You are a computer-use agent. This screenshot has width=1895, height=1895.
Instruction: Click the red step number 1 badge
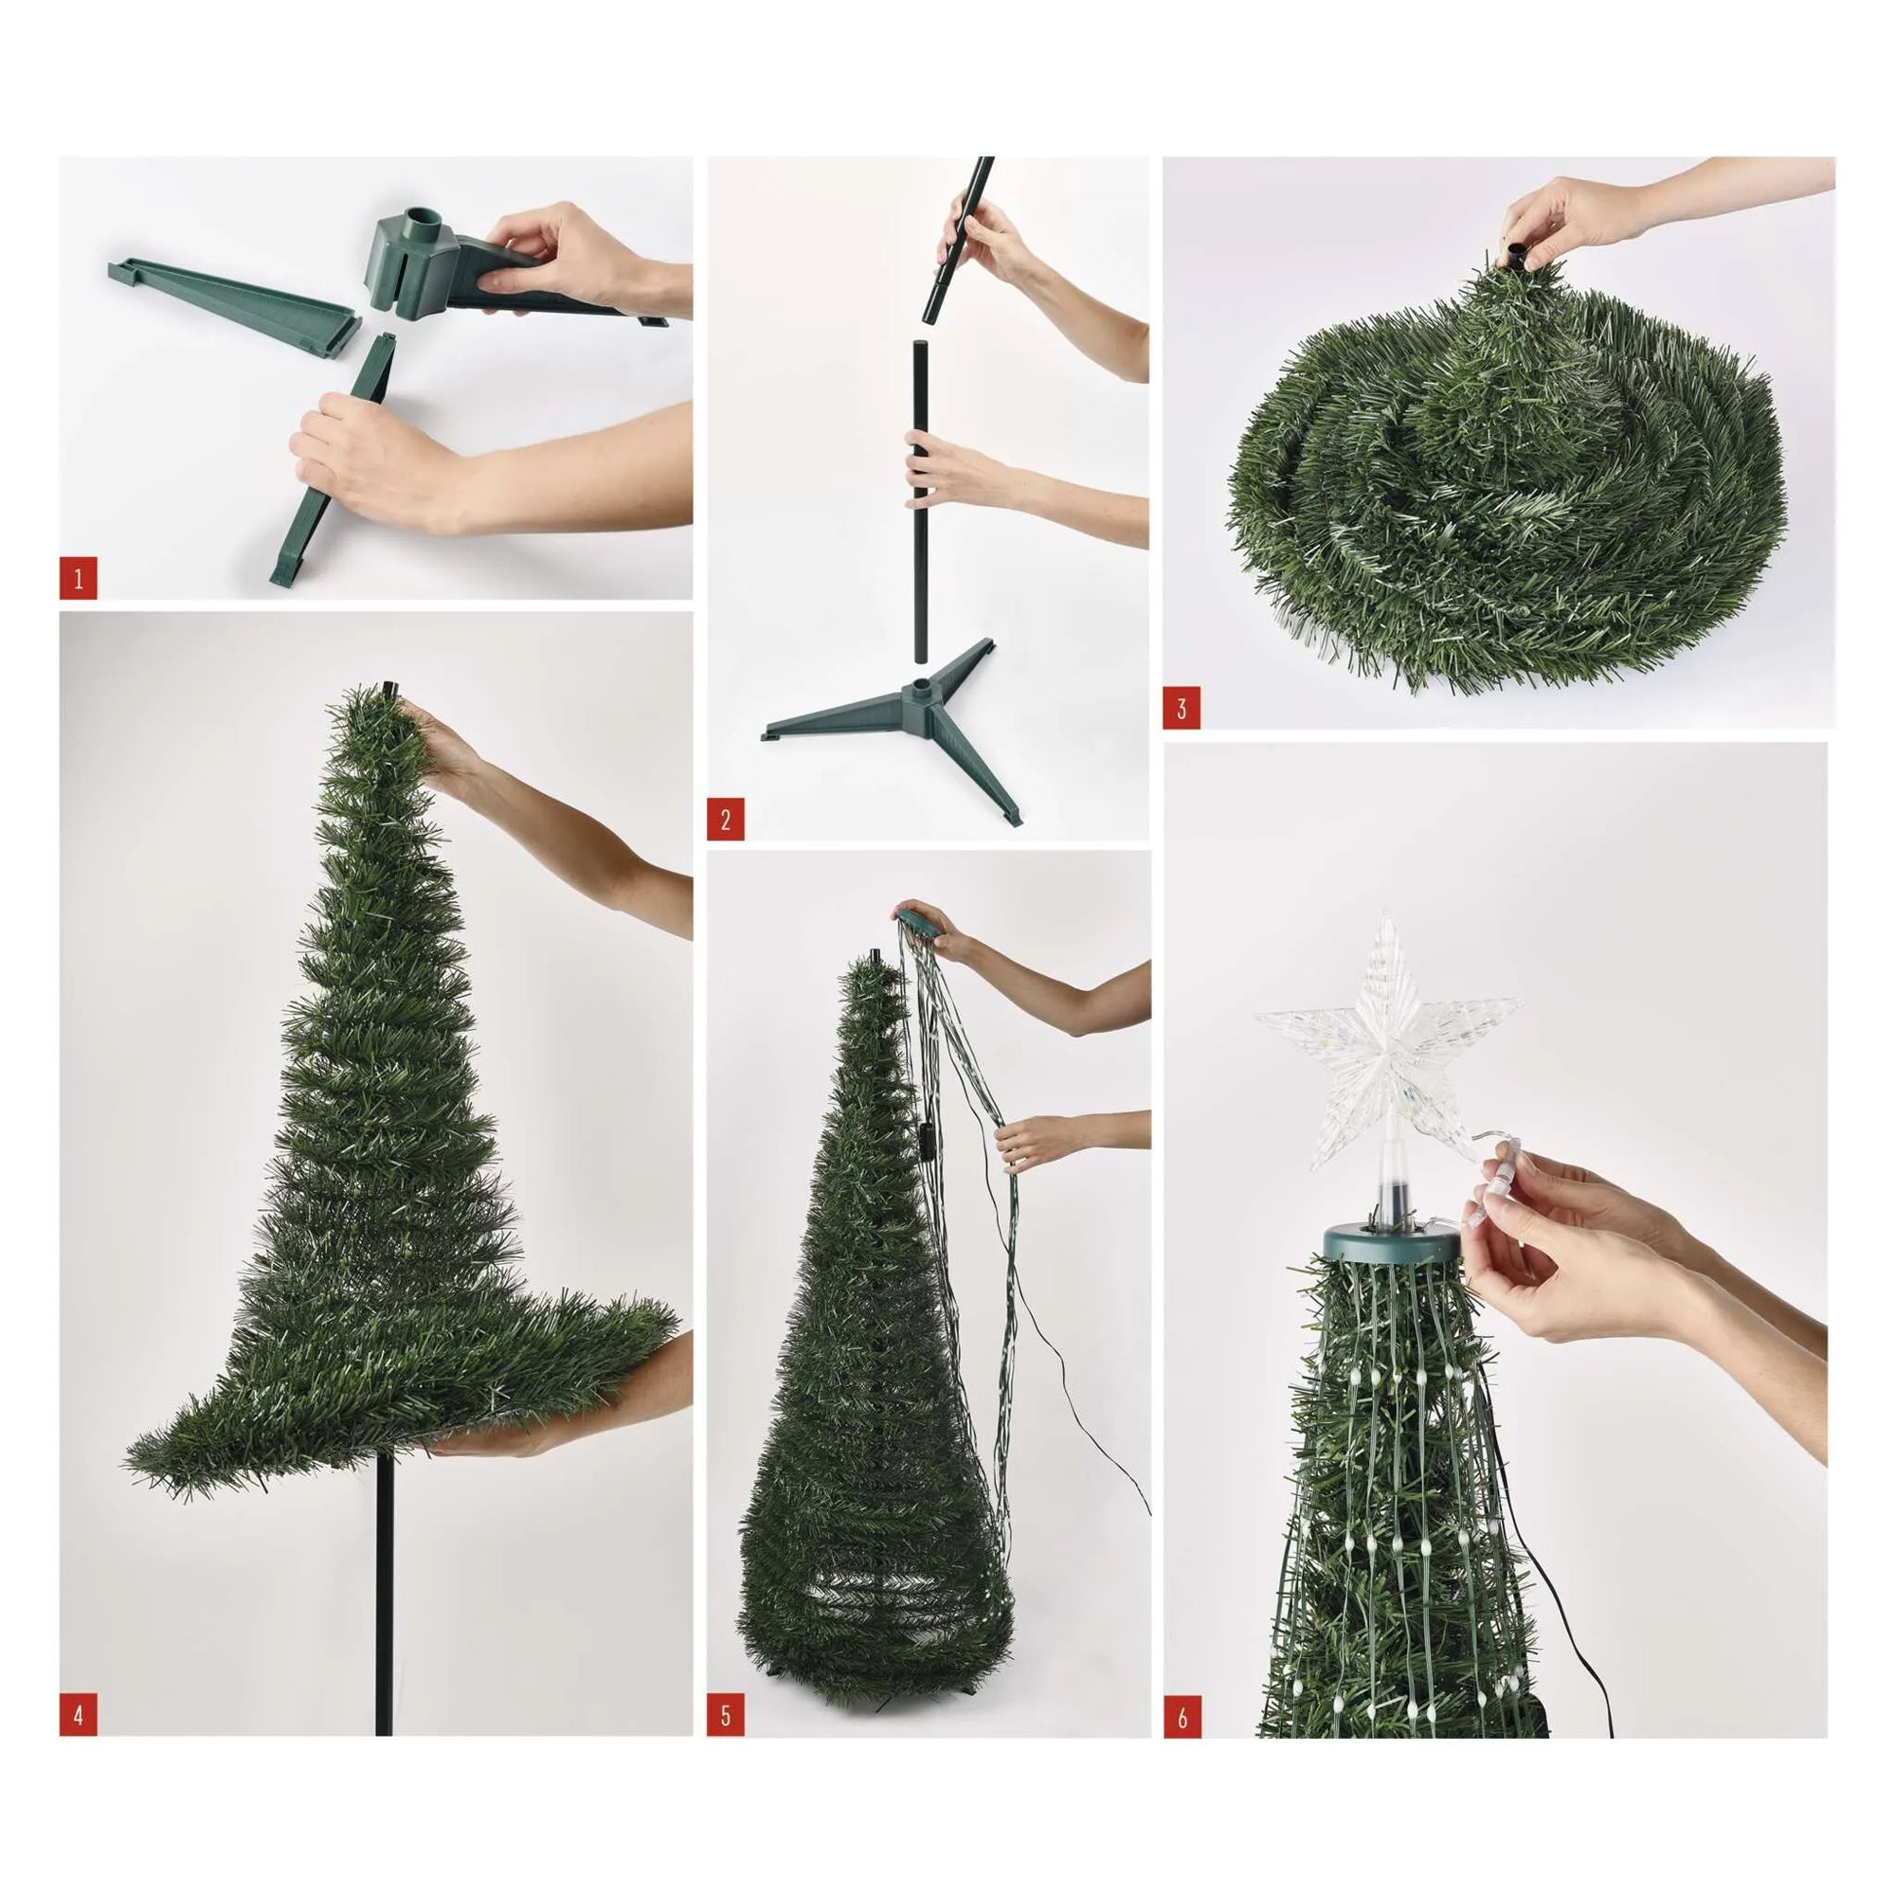pyautogui.click(x=79, y=580)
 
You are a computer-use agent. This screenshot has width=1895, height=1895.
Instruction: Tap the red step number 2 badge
pyautogui.click(x=725, y=820)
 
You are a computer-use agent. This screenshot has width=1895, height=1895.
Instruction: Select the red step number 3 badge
pyautogui.click(x=1182, y=708)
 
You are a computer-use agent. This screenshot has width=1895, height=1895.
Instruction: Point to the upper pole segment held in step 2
pyautogui.click(x=957, y=245)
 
